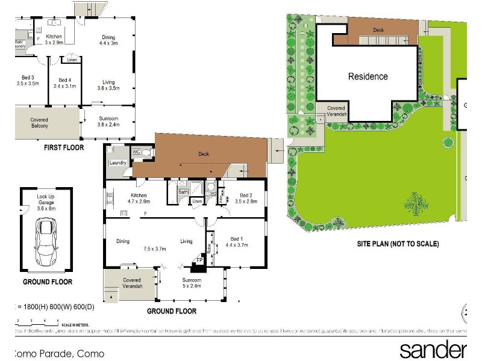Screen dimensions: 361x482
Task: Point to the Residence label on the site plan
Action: (368, 76)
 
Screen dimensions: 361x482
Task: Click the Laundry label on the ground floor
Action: (117, 163)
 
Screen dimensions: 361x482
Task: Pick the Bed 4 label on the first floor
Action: (65, 83)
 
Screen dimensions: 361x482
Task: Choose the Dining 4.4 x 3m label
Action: (109, 39)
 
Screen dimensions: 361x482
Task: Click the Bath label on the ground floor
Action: (183, 192)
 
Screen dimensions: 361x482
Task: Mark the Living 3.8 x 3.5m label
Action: (108, 85)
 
